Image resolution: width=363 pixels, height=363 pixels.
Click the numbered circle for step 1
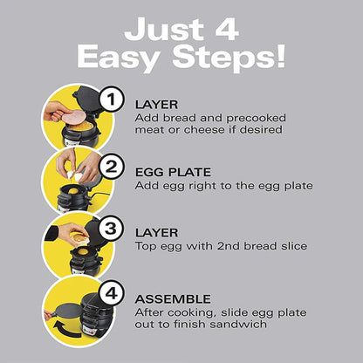click(110, 100)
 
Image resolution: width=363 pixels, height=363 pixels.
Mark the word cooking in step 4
click(187, 312)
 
